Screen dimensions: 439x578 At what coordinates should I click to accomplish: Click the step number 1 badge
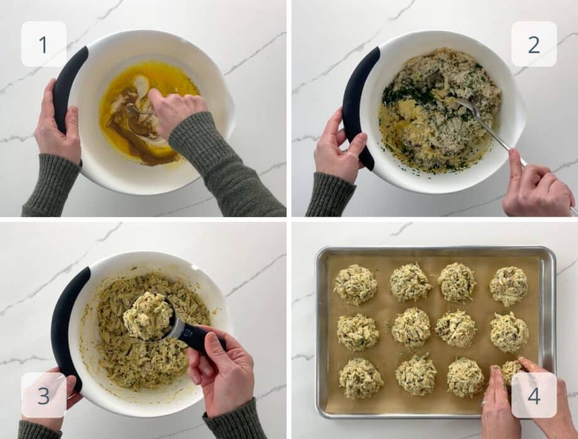click(x=43, y=44)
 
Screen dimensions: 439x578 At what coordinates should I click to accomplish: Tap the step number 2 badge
click(x=533, y=44)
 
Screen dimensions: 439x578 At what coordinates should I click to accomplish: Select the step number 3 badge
click(x=43, y=395)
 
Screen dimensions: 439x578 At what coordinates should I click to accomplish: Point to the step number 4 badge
click(x=533, y=395)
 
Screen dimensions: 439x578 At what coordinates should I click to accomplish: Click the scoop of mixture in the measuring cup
click(x=148, y=316)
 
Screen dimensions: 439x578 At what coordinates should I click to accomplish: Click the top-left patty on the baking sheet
click(x=355, y=284)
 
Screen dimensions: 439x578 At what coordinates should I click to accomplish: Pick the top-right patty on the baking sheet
click(x=508, y=286)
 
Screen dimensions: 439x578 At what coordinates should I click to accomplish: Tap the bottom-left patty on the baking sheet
click(x=361, y=377)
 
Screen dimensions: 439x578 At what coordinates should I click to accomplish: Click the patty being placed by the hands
click(x=511, y=371)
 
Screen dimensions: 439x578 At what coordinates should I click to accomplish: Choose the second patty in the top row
click(x=410, y=282)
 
